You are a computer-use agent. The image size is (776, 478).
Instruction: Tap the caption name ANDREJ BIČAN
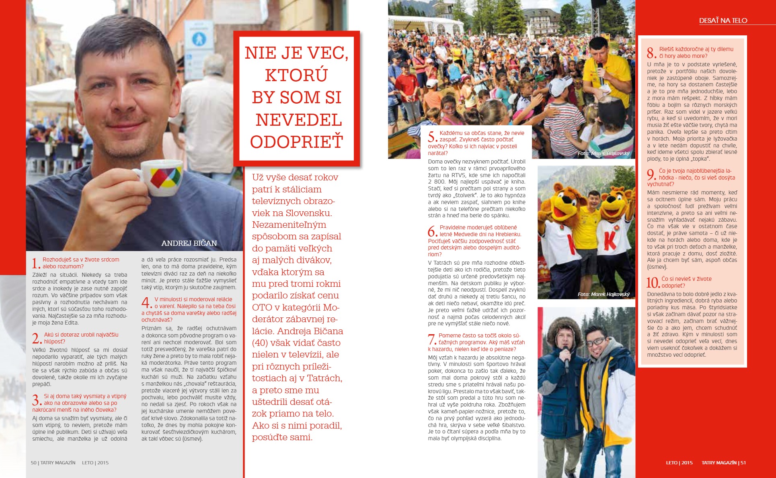click(x=189, y=243)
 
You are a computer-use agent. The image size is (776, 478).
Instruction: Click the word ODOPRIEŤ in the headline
click(x=297, y=142)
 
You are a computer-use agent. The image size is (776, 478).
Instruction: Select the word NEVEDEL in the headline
click(x=298, y=120)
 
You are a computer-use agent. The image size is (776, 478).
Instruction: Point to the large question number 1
click(x=35, y=264)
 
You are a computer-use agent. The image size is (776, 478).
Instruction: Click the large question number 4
click(x=146, y=302)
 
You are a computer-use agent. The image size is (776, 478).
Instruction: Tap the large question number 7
click(x=432, y=339)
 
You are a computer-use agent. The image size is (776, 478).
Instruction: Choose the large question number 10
click(x=653, y=282)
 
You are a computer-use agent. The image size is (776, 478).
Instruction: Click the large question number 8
click(x=651, y=53)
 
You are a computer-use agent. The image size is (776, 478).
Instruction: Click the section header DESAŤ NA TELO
click(x=723, y=20)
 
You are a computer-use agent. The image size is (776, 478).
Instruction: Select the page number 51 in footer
click(x=743, y=463)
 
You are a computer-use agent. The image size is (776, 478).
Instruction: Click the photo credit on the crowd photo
click(x=604, y=153)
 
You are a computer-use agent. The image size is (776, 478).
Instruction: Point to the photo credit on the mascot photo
click(x=604, y=294)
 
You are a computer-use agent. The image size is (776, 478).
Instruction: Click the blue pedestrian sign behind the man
click(x=199, y=39)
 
